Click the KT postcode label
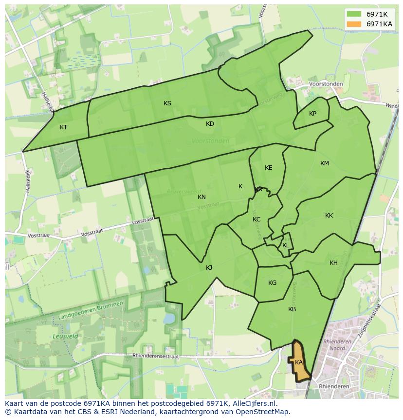tap(63, 127)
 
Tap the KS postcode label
tap(167, 103)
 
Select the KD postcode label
tap(210, 124)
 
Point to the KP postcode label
tap(312, 114)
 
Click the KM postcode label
tap(325, 163)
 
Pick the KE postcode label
tap(269, 168)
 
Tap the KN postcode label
tap(201, 197)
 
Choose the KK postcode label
tap(329, 216)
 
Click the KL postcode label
tap(286, 245)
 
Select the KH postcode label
tap(333, 263)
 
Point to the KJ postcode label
tap(209, 268)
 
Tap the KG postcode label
tap(272, 283)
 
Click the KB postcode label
tap(292, 309)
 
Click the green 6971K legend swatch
tap(354, 14)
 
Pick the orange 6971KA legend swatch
tap(354, 24)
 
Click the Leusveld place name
tap(63, 337)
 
